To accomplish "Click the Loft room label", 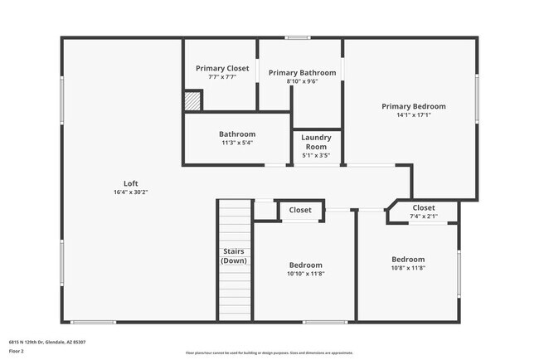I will (130, 183).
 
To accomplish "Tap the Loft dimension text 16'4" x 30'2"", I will (130, 192).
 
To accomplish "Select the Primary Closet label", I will (216, 68).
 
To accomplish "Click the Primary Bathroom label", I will (302, 73).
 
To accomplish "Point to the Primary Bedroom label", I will (414, 106).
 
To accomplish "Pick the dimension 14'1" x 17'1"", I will (414, 114).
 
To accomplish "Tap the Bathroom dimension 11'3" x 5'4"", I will (237, 143).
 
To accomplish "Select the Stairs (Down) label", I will (234, 255).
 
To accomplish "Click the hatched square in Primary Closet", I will (192, 100).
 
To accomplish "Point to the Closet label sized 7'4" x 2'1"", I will (424, 207).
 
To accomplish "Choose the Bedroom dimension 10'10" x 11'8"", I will (306, 274).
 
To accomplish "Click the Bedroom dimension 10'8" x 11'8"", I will (408, 268).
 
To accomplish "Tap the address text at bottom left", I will (47, 342).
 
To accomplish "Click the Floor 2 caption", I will (17, 352).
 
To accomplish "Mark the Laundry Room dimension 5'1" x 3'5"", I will (316, 155).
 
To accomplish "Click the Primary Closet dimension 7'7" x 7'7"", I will (216, 77).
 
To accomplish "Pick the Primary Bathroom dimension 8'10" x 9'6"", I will (302, 81).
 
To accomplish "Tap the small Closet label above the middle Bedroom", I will (300, 210).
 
